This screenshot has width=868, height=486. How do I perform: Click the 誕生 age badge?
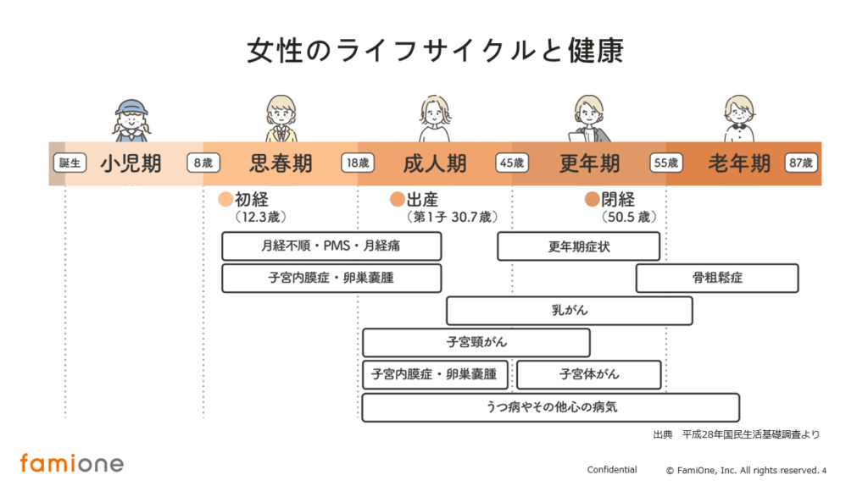coord(69,163)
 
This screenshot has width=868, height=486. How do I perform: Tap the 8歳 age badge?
coord(203,163)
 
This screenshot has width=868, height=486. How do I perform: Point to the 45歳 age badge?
coord(512,163)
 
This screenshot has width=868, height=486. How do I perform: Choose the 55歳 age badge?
coord(666,163)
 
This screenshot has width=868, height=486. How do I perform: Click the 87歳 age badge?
coord(800,163)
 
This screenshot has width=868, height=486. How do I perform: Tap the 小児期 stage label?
coord(131,163)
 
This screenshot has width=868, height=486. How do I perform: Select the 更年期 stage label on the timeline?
coord(589,163)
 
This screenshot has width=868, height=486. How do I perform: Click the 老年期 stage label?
coord(739,163)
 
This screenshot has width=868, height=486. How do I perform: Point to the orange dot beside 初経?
coord(225,200)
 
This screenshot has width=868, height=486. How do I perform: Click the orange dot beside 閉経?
coord(592,200)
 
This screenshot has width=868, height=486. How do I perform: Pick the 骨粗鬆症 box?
coord(717,278)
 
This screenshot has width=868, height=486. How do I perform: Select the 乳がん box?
coord(569,311)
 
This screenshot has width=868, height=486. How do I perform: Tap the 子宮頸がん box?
coord(476,342)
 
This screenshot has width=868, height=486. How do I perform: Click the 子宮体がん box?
coord(588,374)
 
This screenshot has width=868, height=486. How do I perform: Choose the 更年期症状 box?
coord(578,246)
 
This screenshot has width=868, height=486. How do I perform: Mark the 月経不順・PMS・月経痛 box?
coord(331,246)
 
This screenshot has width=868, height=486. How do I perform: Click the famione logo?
coord(71,463)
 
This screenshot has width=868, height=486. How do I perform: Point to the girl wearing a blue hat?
coord(131,119)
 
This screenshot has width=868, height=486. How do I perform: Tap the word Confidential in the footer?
coord(611,470)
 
